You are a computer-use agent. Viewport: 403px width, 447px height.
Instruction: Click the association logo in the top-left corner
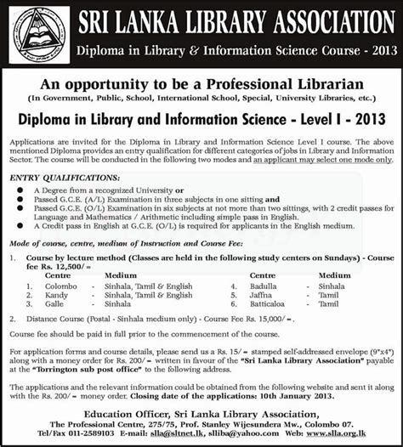pos(37,35)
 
